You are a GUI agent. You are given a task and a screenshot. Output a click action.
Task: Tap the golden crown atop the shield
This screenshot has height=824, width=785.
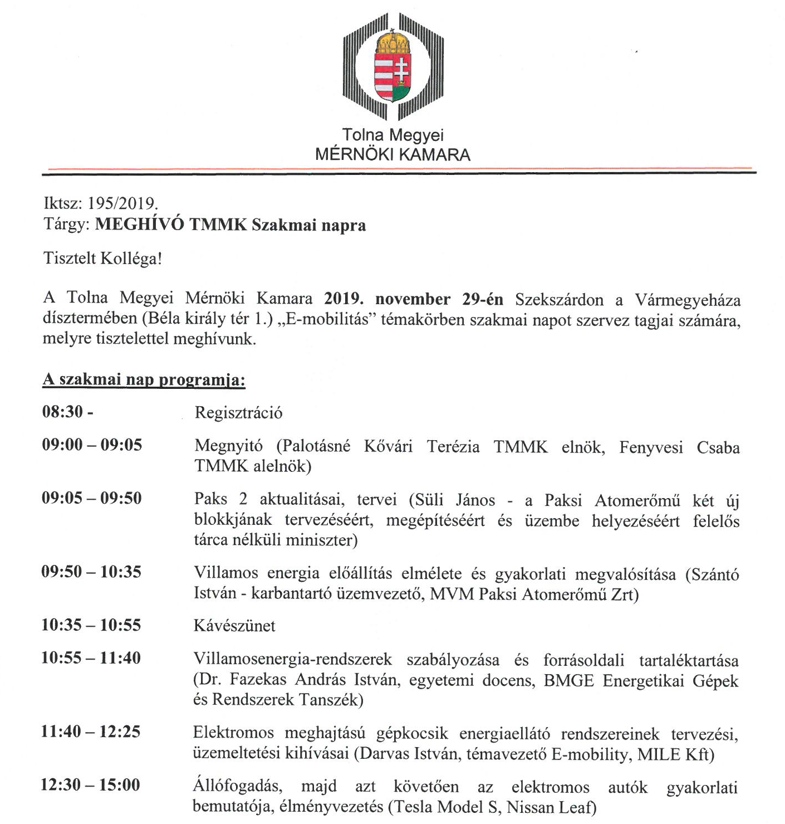392,41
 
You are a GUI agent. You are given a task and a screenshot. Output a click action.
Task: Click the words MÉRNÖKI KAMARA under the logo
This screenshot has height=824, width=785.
392,154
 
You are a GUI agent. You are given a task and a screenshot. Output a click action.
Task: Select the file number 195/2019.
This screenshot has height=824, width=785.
122,203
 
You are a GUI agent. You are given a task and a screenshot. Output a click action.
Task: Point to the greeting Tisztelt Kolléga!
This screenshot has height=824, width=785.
102,259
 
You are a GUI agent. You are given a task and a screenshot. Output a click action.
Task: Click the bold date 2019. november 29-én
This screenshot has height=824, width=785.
414,299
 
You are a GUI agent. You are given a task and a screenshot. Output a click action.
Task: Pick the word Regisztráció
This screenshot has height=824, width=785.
238,413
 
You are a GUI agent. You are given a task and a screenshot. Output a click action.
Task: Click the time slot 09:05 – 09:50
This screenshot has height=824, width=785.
92,498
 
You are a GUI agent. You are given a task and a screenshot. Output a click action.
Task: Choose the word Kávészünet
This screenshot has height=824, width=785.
234,626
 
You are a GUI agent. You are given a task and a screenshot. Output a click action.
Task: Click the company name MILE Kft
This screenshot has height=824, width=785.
673,754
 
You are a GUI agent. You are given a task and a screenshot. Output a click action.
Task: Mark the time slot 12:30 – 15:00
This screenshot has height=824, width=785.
90,785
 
